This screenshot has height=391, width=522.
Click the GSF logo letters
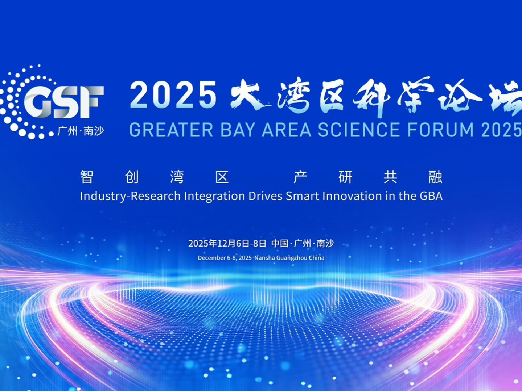click(64, 102)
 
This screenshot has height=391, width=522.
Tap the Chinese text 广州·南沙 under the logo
click(81, 131)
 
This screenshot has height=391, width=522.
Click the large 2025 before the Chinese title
click(173, 95)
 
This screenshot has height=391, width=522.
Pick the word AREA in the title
click(287, 130)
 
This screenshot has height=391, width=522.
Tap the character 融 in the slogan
click(435, 177)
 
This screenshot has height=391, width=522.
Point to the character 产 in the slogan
click(300, 177)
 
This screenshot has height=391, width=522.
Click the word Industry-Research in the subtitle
click(130, 196)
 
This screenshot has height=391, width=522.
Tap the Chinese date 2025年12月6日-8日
click(227, 244)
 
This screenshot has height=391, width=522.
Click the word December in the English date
click(212, 258)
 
